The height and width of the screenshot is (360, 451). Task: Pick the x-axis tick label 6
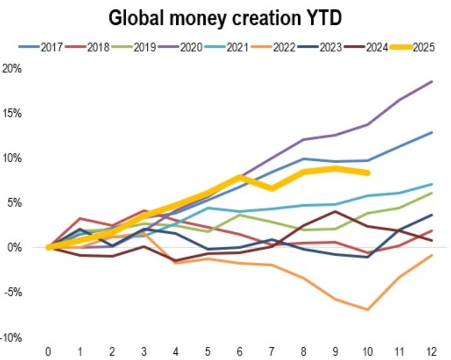pos(240,351)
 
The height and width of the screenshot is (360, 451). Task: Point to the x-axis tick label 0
pos(49,351)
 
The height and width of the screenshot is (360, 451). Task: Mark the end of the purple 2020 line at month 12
pos(432,82)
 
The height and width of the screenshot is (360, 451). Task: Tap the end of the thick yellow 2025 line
pos(368,173)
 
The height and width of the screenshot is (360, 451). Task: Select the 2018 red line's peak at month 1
pos(81,218)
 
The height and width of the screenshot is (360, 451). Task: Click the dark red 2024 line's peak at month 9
pos(336,212)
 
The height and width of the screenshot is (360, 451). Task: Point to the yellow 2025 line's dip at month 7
pos(272,188)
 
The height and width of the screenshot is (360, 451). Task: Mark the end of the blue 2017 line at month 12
pos(432,133)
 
